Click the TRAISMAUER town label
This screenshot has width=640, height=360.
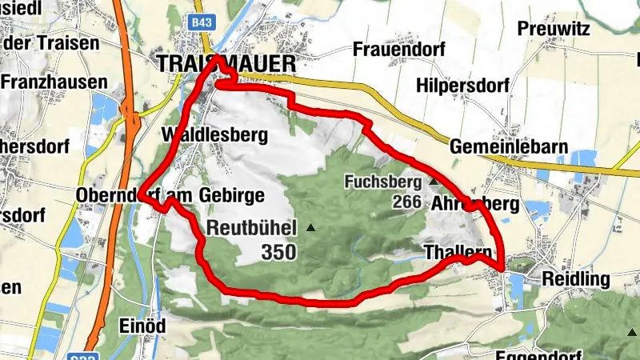point(226,65)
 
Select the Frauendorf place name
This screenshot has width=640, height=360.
point(398,49)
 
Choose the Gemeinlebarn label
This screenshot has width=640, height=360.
point(497,147)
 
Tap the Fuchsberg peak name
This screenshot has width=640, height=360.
point(382,182)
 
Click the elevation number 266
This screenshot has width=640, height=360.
point(407,202)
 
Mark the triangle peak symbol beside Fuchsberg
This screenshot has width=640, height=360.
point(434,182)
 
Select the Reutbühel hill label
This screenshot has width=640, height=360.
point(252,227)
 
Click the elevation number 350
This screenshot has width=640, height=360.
point(278,253)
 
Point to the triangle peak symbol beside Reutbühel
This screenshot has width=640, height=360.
point(311,228)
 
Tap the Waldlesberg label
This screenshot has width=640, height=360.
point(214,134)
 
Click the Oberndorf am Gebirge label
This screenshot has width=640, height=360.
point(169,195)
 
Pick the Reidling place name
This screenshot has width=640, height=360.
point(575,279)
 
